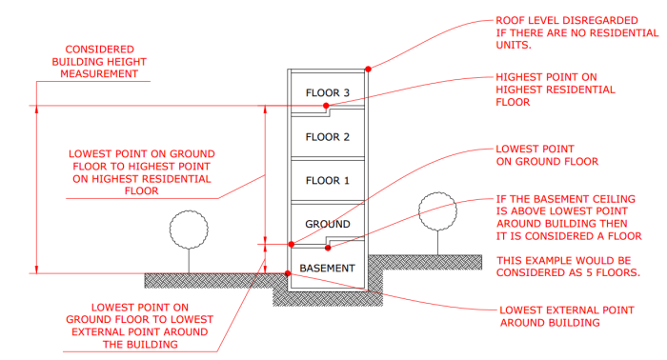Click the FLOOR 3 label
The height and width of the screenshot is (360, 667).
click(328, 92)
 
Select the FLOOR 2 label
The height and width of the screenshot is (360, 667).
click(328, 137)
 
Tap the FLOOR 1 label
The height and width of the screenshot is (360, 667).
click(328, 180)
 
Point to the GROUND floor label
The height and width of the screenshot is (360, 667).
click(328, 224)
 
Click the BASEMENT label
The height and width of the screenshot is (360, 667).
click(328, 269)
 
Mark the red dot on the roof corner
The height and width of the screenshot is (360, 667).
click(368, 69)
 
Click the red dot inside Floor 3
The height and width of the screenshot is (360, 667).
click(326, 106)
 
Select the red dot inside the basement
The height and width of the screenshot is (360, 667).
click(328, 250)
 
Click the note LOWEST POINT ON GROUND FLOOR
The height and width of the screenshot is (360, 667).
click(535, 155)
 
